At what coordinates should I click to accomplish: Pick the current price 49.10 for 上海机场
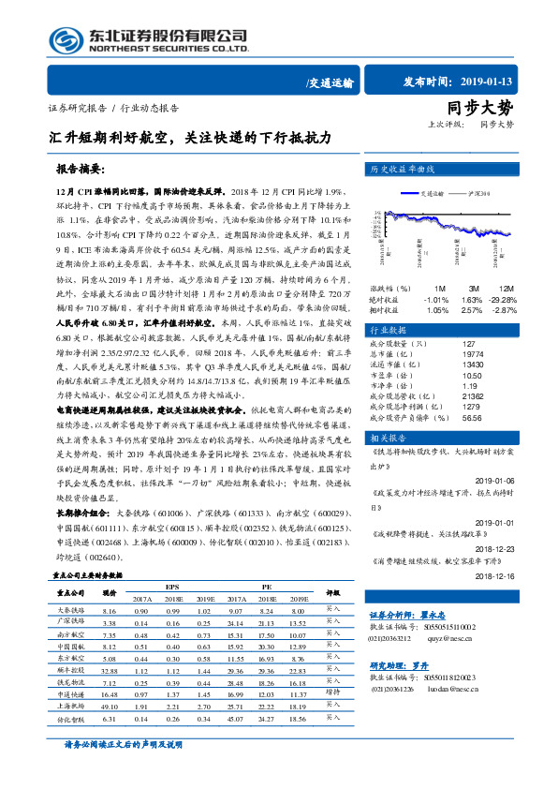point(109,707)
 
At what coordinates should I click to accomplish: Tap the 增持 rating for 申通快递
point(332,693)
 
